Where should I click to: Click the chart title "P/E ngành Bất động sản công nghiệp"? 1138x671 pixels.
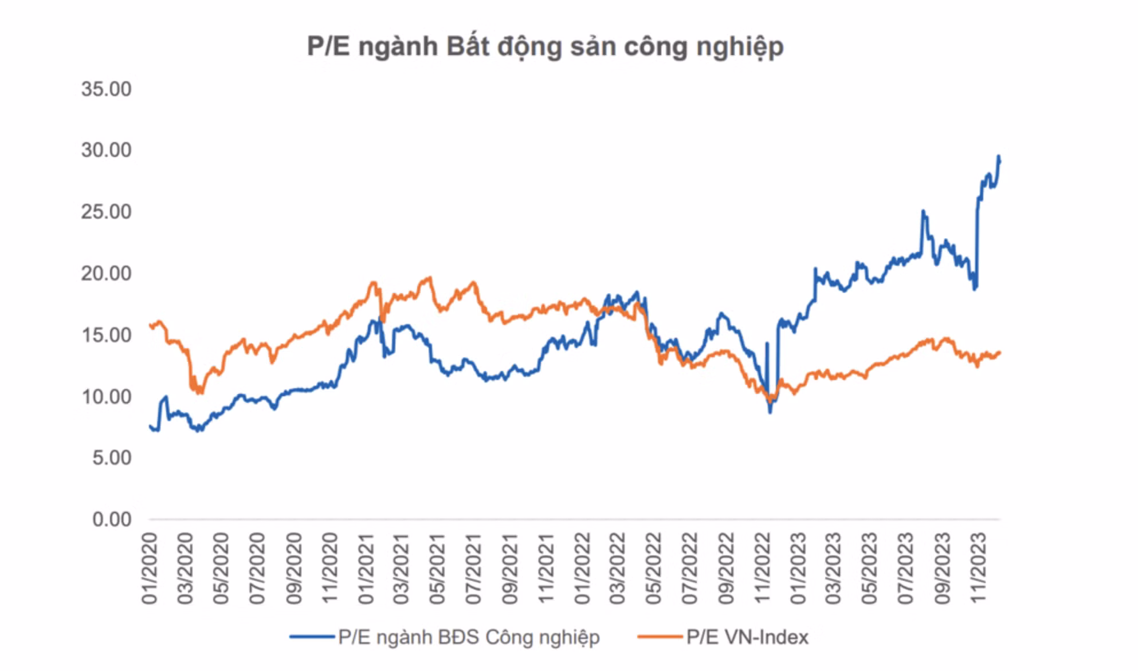(x=545, y=46)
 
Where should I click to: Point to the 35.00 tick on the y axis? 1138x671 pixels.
(x=106, y=89)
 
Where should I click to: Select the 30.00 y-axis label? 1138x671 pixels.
(x=106, y=150)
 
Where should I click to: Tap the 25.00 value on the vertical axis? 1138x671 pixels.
(x=106, y=212)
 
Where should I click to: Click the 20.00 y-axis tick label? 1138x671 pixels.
(x=106, y=273)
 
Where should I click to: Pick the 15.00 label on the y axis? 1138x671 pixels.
(x=106, y=335)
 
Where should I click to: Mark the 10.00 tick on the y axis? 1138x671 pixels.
(x=106, y=396)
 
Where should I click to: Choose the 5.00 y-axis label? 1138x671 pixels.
(x=112, y=457)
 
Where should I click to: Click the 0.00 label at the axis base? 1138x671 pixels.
(x=112, y=519)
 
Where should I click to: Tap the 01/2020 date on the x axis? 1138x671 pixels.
(x=149, y=568)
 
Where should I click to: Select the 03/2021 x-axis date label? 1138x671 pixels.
(x=401, y=568)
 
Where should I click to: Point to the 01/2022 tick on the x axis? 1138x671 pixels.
(x=582, y=568)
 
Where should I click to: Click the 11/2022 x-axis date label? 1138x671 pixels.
(x=763, y=568)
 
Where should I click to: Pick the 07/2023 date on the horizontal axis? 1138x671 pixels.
(x=906, y=568)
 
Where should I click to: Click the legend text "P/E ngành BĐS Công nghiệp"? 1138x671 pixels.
(x=469, y=637)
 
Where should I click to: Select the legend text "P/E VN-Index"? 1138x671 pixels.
(x=747, y=637)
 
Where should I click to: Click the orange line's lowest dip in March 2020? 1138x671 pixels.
(x=199, y=392)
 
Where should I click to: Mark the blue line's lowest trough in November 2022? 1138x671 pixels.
(x=770, y=412)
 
